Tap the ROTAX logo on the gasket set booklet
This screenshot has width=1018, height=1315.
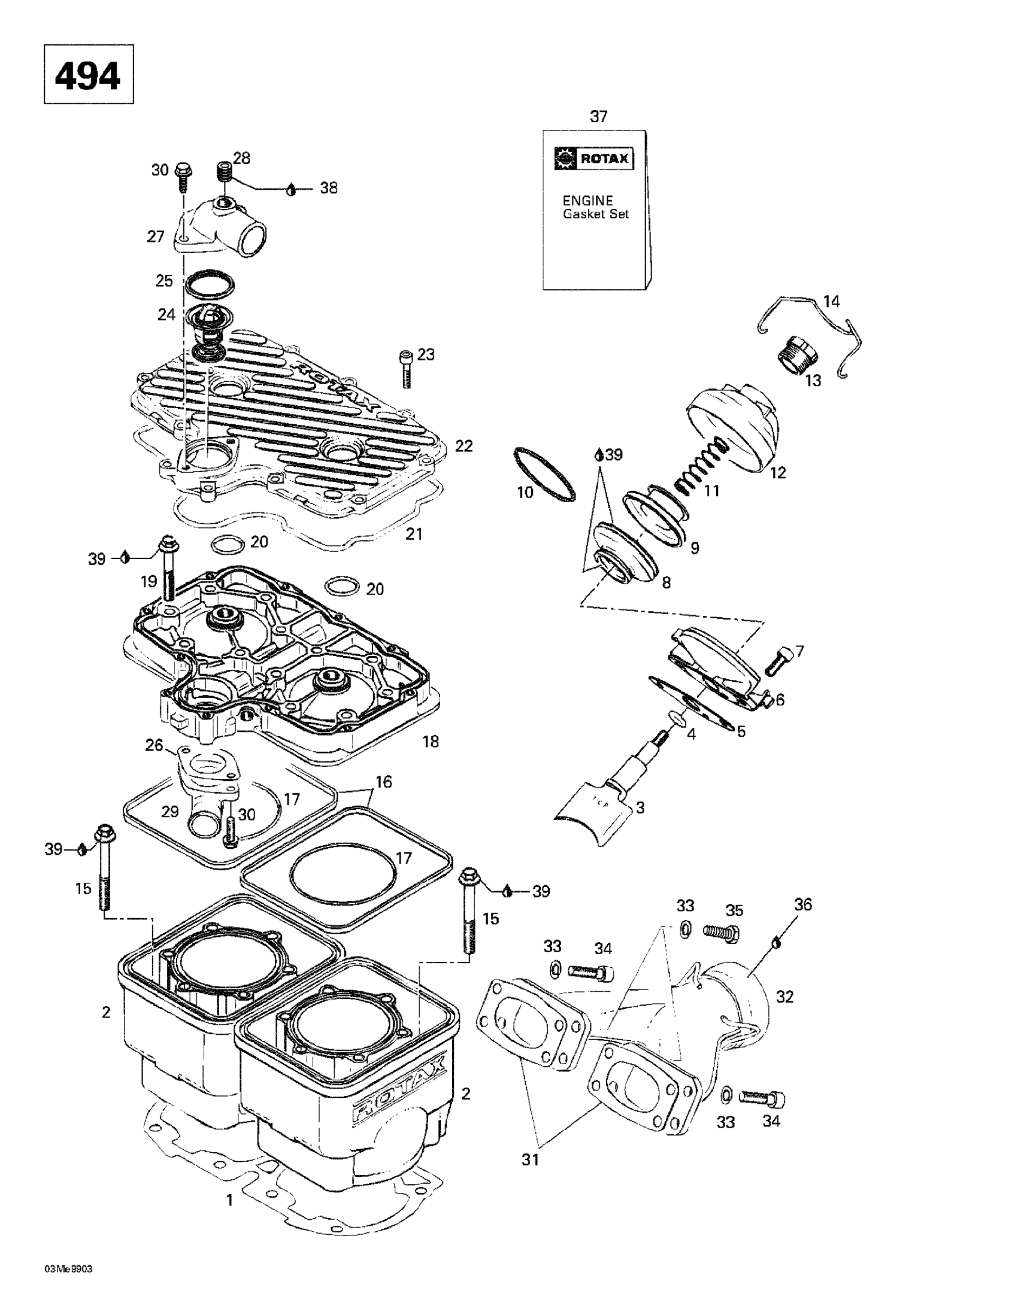(593, 159)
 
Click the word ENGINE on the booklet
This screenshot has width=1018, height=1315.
(587, 201)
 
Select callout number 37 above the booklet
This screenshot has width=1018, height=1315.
(598, 116)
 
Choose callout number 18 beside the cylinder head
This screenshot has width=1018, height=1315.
(431, 741)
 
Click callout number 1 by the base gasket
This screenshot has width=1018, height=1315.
(229, 1201)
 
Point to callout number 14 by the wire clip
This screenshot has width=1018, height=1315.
(831, 301)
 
